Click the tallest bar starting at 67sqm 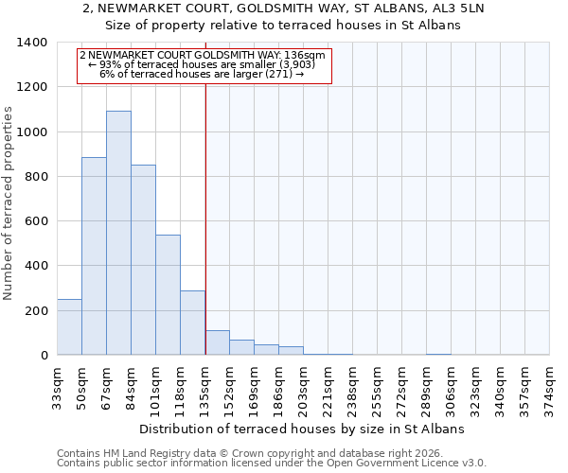118,233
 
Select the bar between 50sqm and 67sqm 94,256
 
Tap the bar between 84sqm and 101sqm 143,260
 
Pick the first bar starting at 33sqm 69,327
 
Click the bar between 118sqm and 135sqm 192,323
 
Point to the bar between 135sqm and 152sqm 217,342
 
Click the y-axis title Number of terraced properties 9,203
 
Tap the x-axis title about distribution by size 303,429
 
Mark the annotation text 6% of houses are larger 202,74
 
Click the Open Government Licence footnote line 272,464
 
